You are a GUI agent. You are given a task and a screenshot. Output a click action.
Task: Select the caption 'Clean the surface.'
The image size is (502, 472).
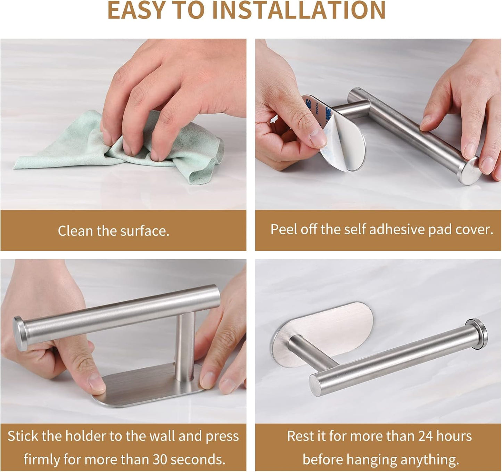point(114,231)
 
